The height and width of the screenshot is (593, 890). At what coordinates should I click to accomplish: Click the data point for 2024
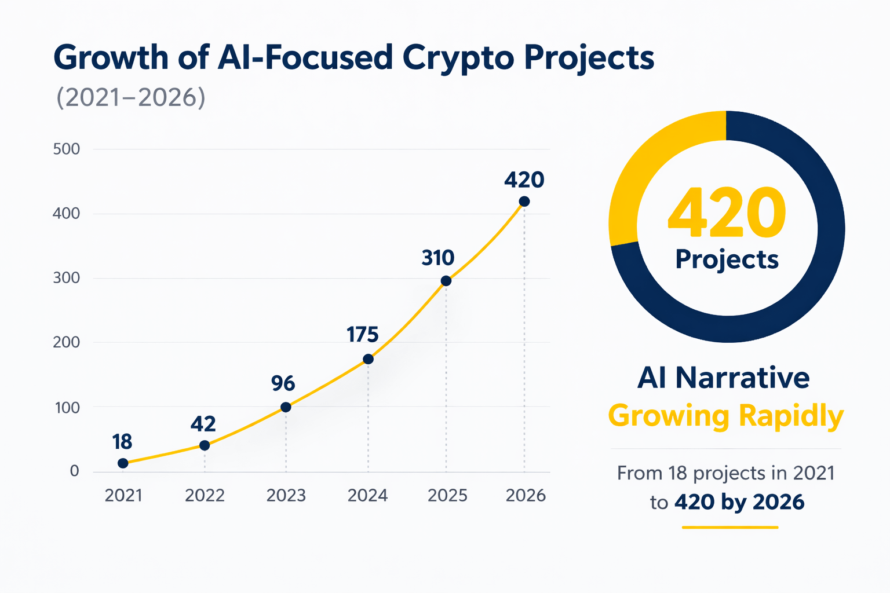pos(368,359)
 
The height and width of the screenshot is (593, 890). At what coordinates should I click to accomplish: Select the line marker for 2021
pos(123,463)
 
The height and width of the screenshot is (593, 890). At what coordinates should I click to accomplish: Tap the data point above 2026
pos(524,202)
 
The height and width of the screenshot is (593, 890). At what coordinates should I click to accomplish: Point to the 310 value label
pos(437,258)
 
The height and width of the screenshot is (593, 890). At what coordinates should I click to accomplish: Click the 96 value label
pos(283,383)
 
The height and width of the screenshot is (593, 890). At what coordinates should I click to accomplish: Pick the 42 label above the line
pos(203,424)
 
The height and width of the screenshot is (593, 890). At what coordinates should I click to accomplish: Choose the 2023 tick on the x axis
pos(286,496)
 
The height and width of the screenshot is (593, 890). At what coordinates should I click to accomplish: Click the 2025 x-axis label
pos(447,496)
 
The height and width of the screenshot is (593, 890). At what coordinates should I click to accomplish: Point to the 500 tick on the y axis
pos(67,149)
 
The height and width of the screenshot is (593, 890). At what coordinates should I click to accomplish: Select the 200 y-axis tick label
pos(67,342)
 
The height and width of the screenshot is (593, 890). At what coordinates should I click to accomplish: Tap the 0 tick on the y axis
pos(74,471)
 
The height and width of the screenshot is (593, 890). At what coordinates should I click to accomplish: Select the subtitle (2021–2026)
pos(131,98)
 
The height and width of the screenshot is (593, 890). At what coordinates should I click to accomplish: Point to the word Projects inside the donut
pos(727,259)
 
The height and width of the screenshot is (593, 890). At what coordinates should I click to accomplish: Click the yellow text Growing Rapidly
pos(725,416)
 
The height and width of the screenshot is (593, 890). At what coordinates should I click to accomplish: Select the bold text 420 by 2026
pos(739,502)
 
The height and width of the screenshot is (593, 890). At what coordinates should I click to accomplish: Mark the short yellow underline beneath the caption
pos(729,527)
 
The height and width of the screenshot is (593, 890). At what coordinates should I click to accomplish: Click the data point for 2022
pos(205,445)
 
